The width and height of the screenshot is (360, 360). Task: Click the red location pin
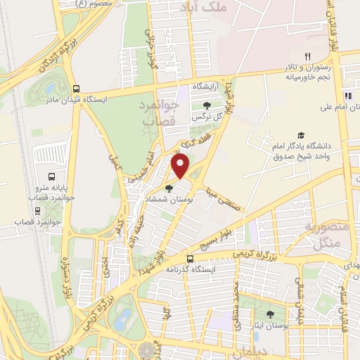(x=181, y=166)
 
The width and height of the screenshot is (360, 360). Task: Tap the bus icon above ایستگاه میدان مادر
(x=75, y=89)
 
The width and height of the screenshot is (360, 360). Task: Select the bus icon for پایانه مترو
(x=51, y=177)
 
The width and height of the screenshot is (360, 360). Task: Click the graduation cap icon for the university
(x=301, y=134)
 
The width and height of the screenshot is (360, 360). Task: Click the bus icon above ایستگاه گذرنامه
(x=190, y=258)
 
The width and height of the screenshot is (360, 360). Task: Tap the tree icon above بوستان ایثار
(x=270, y=314)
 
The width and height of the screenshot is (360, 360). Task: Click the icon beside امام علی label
(x=347, y=96)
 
